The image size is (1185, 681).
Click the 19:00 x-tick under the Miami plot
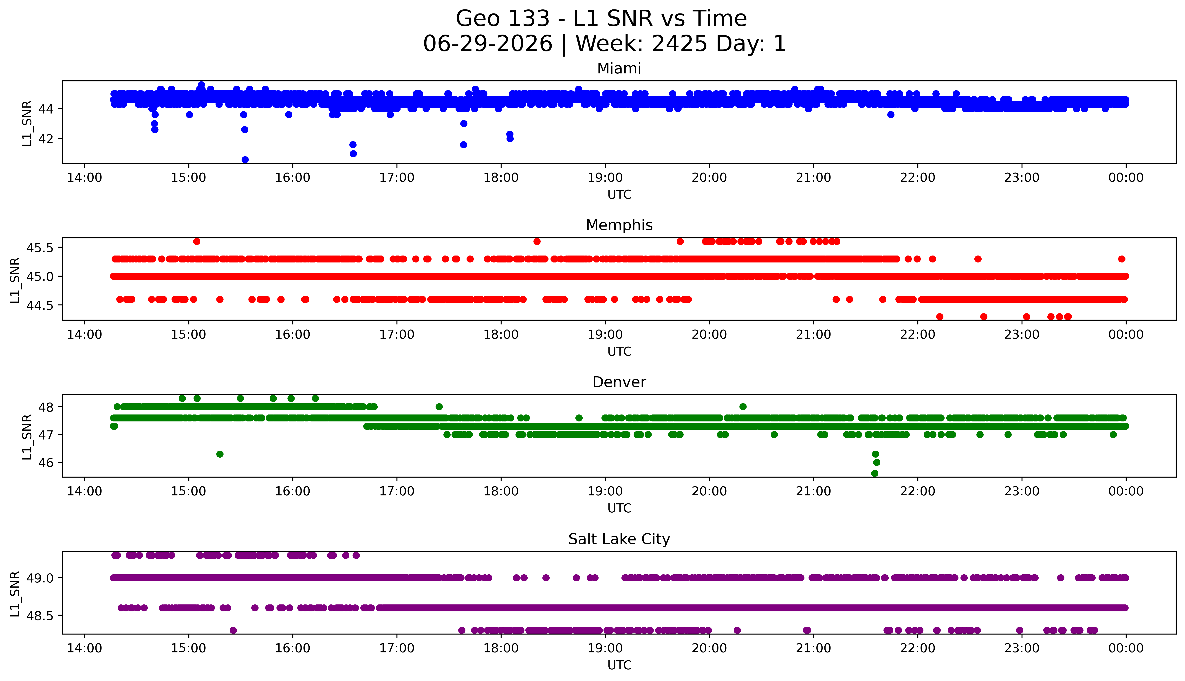(605, 178)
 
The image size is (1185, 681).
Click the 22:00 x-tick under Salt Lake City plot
(918, 648)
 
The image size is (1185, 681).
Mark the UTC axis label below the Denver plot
(619, 508)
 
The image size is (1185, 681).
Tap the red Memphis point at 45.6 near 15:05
(196, 241)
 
